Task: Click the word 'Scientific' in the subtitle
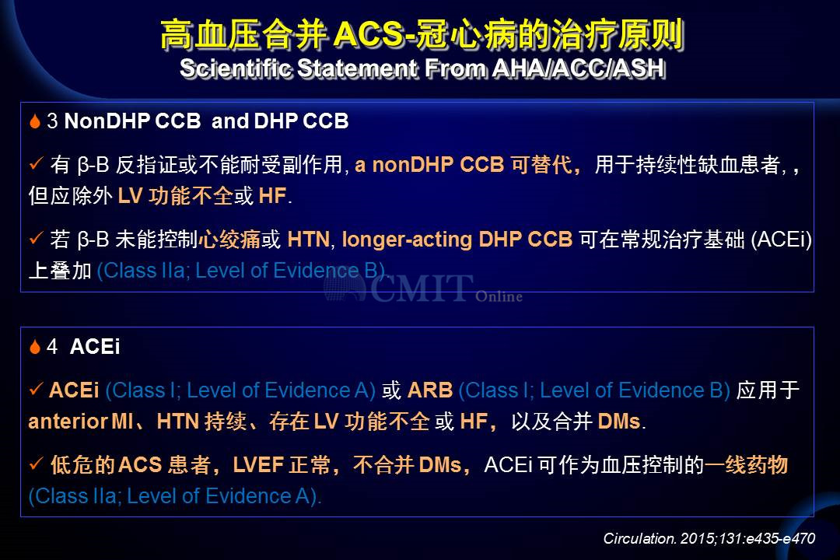click(x=236, y=68)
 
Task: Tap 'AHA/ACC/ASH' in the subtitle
click(x=579, y=68)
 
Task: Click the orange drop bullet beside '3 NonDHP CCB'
click(x=35, y=121)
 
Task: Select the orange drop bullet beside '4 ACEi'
click(x=35, y=347)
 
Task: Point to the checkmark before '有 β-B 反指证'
click(x=36, y=163)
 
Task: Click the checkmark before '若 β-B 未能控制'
click(x=36, y=238)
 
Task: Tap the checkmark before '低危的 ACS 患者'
click(x=36, y=463)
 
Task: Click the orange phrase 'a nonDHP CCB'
click(x=429, y=165)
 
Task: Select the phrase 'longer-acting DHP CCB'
click(x=457, y=240)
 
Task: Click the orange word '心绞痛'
click(x=229, y=240)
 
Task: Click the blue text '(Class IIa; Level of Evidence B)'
click(x=241, y=271)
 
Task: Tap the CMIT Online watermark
click(x=422, y=289)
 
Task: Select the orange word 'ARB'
click(x=430, y=390)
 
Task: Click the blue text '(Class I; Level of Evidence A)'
click(x=240, y=390)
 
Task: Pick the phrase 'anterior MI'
click(x=81, y=422)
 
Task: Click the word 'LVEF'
click(x=258, y=464)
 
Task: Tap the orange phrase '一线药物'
click(x=746, y=464)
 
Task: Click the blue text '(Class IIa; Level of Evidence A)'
click(x=175, y=497)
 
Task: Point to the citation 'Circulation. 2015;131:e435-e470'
click(x=709, y=538)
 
